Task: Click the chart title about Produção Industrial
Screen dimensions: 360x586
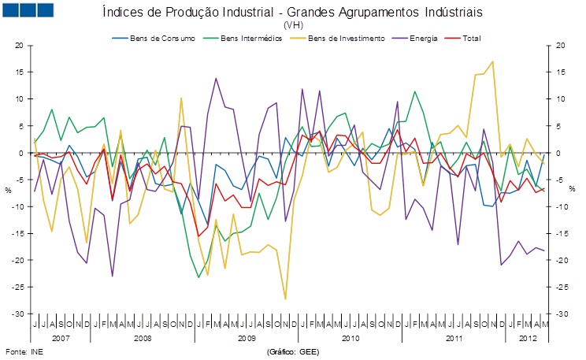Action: [x=293, y=13]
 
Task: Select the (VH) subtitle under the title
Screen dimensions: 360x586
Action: [x=293, y=25]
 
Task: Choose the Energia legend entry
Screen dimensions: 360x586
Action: [x=417, y=38]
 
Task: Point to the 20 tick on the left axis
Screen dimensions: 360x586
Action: [x=19, y=46]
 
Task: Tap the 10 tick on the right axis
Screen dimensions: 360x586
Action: [x=560, y=99]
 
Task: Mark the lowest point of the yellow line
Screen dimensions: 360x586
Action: [x=285, y=299]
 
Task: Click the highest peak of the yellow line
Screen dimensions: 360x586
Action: [x=493, y=61]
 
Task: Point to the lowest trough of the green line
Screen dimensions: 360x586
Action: [x=198, y=276]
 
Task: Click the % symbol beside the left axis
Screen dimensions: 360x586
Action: [x=9, y=189]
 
